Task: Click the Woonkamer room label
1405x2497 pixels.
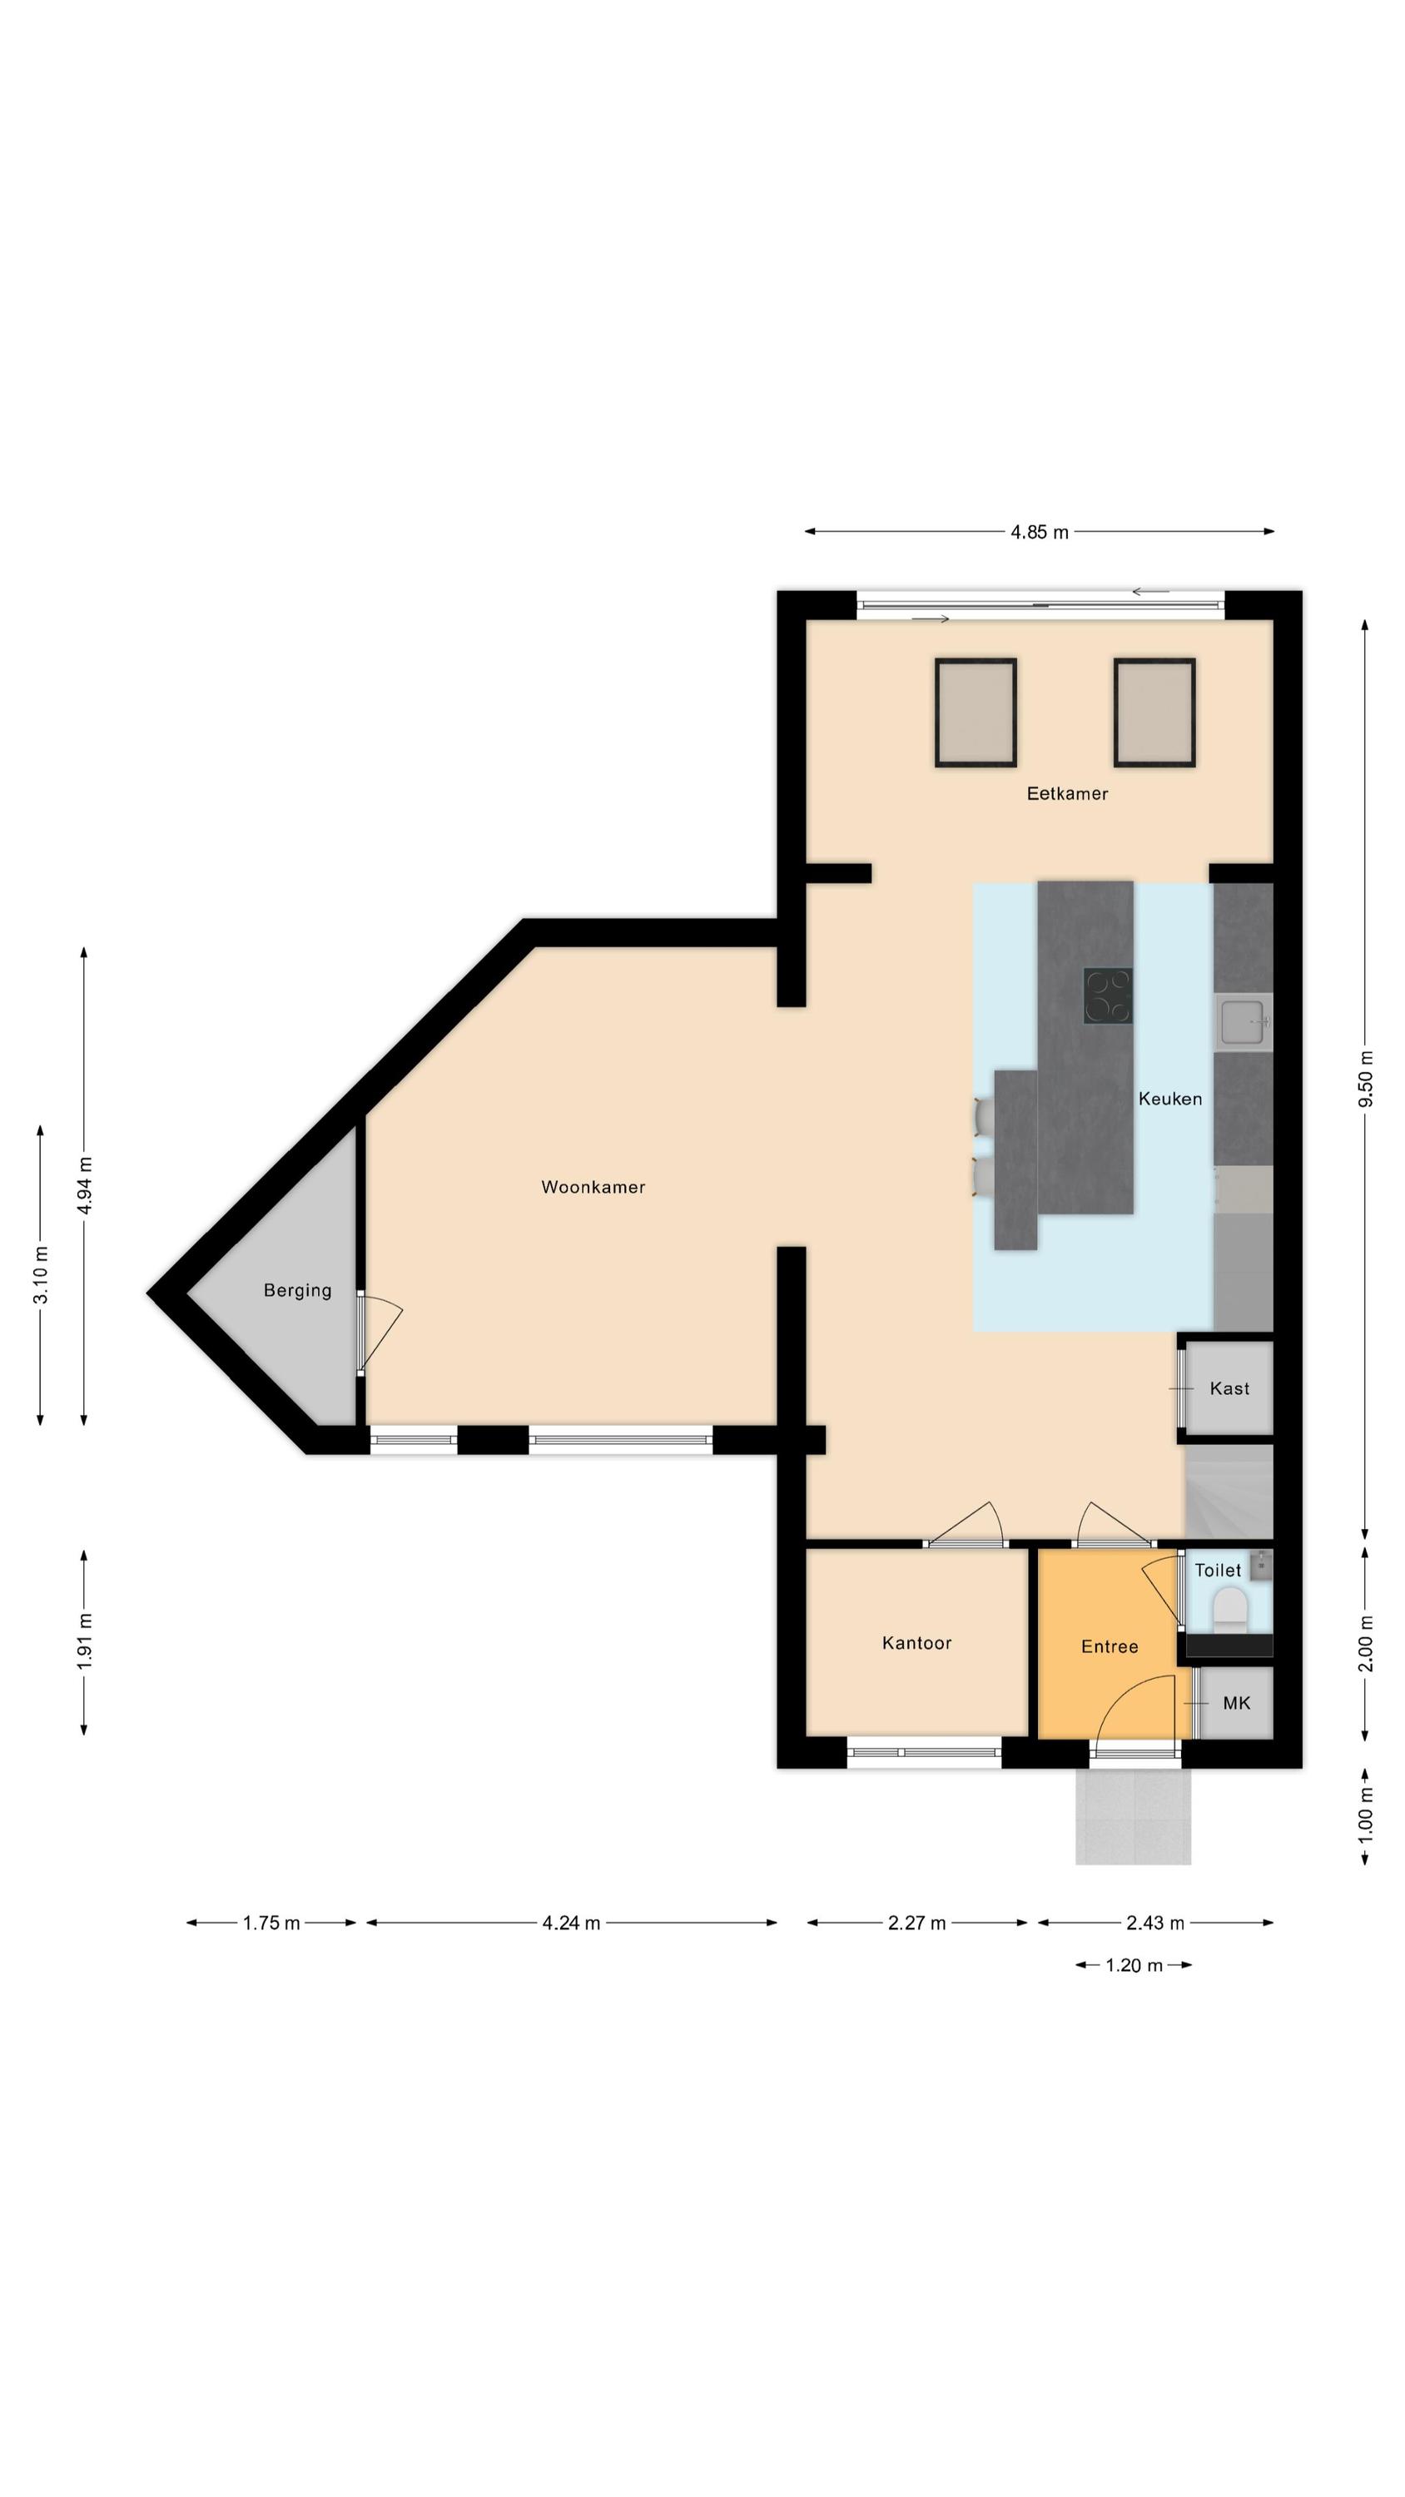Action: pyautogui.click(x=593, y=1186)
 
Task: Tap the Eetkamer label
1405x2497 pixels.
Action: pyautogui.click(x=1066, y=793)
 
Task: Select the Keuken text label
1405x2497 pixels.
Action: pyautogui.click(x=1169, y=1098)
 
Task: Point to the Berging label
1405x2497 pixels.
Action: pyautogui.click(x=296, y=1290)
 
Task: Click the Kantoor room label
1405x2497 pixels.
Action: pyautogui.click(x=916, y=1642)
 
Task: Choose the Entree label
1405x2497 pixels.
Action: pyautogui.click(x=1110, y=1646)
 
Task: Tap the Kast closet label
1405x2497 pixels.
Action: pyautogui.click(x=1229, y=1388)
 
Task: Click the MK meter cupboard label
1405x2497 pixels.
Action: pyautogui.click(x=1236, y=1702)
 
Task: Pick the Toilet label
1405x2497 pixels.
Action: pyautogui.click(x=1217, y=1569)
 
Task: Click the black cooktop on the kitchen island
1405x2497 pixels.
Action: pyautogui.click(x=1107, y=995)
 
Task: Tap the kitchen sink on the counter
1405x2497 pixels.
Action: pyautogui.click(x=1242, y=1021)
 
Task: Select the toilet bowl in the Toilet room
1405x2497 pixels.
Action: pyautogui.click(x=1229, y=1612)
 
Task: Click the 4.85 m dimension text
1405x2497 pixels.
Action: pyautogui.click(x=1040, y=531)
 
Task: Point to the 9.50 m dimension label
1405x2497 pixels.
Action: pyautogui.click(x=1365, y=1078)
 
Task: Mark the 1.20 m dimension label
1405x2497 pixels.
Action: pyautogui.click(x=1134, y=1965)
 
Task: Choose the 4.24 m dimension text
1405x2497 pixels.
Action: pyautogui.click(x=571, y=1922)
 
